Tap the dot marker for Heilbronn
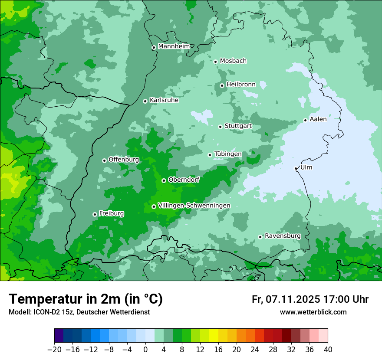(x=222, y=85)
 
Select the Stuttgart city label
(x=238, y=126)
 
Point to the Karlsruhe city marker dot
(x=145, y=101)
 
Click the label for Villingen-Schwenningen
(x=194, y=206)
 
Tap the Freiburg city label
(x=111, y=213)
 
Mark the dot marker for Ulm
(x=296, y=168)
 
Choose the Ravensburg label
(x=282, y=236)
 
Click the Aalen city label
(x=318, y=119)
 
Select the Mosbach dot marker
(x=215, y=62)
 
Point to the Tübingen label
(x=227, y=154)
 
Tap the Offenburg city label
(x=123, y=160)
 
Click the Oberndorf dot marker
(x=164, y=180)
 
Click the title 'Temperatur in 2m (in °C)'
(x=86, y=299)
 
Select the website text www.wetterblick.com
(x=313, y=312)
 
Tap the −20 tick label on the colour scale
(x=54, y=350)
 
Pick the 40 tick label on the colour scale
(x=328, y=350)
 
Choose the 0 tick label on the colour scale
(x=145, y=350)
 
